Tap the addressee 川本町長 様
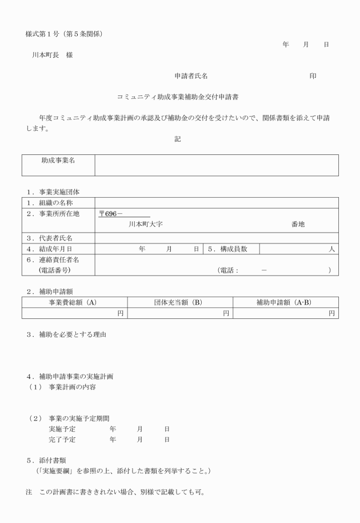52,55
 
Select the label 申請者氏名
191,76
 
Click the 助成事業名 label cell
58,161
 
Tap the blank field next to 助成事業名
216,165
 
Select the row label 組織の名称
54,202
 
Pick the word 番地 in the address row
298,225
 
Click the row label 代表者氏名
54,237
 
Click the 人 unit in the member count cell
331,249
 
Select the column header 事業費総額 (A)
75,302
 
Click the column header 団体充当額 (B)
180,302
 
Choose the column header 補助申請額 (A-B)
285,302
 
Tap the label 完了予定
62,440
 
